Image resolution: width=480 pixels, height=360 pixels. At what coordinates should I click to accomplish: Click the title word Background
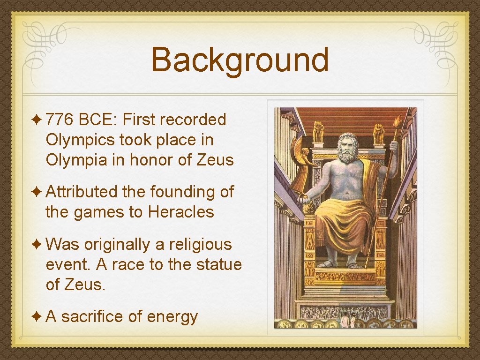point(240,60)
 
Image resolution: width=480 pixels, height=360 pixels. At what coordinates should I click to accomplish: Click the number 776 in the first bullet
point(59,120)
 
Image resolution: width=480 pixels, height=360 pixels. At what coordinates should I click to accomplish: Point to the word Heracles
point(181,212)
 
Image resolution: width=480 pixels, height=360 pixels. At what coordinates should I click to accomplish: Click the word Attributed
point(82,192)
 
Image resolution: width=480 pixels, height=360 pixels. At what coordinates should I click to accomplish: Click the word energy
point(172,318)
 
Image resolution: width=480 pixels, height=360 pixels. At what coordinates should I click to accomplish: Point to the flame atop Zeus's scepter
point(397,120)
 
